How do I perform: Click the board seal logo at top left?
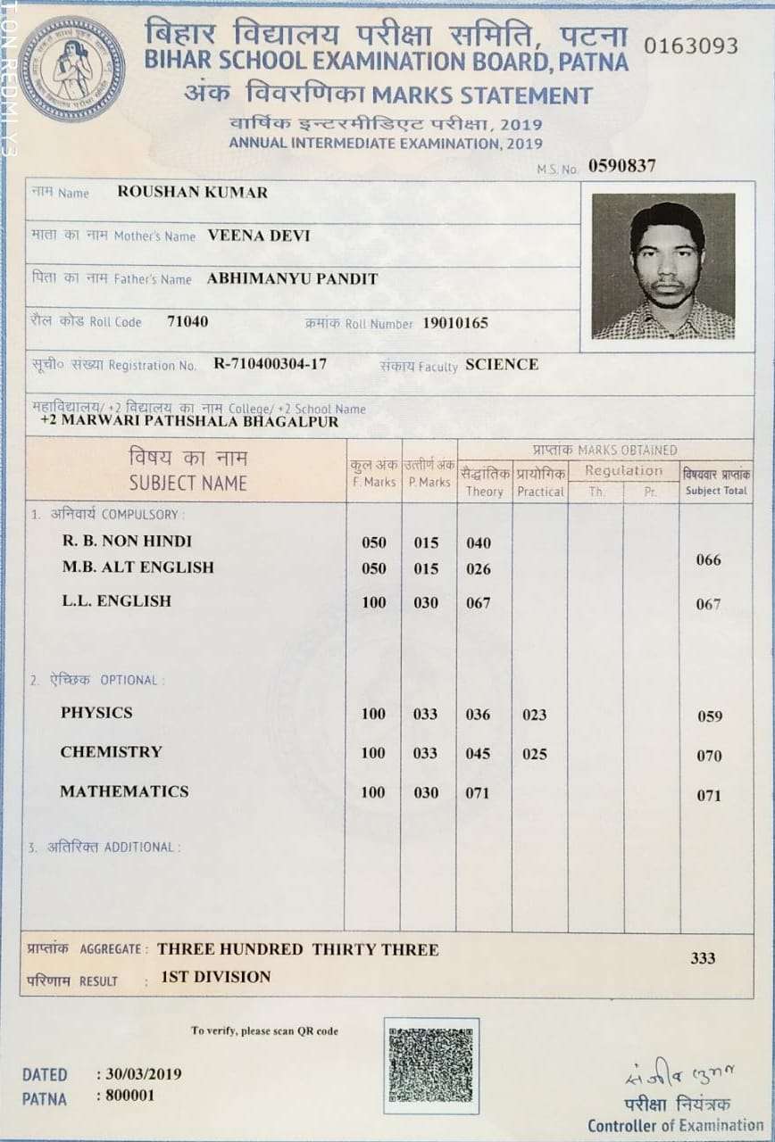click(71, 69)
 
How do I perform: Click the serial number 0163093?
click(691, 46)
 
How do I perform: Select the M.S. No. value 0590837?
click(621, 165)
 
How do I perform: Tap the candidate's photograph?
click(663, 267)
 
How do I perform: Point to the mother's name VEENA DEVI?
click(259, 236)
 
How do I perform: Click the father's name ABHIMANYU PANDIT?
click(292, 278)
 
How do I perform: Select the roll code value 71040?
click(187, 321)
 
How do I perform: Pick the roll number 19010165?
click(455, 323)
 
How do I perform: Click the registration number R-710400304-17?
click(270, 364)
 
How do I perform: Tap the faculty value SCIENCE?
click(502, 364)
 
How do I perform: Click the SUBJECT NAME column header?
click(187, 483)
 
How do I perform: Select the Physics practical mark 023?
click(534, 715)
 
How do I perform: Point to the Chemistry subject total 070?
click(709, 756)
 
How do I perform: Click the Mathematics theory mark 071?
click(478, 792)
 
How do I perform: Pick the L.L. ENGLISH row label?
click(116, 601)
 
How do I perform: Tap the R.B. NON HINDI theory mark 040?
click(478, 542)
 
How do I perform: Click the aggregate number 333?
click(703, 958)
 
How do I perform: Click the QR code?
click(431, 1065)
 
